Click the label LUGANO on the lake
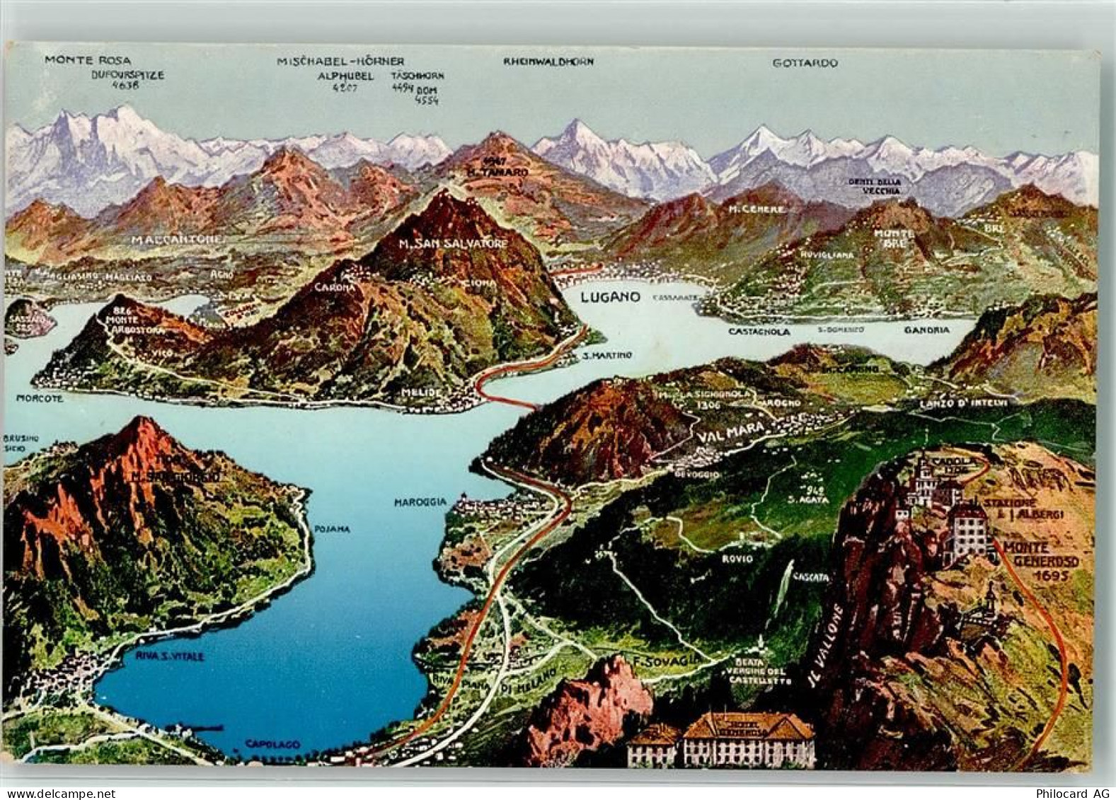[609, 297]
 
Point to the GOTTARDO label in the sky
[805, 63]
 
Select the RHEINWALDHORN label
[548, 62]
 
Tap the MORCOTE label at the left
[39, 399]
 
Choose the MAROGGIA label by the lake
[420, 502]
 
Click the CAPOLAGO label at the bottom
[272, 744]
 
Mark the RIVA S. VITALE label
[170, 656]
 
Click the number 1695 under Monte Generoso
[1049, 576]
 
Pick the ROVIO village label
[737, 559]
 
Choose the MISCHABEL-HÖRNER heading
[340, 62]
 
